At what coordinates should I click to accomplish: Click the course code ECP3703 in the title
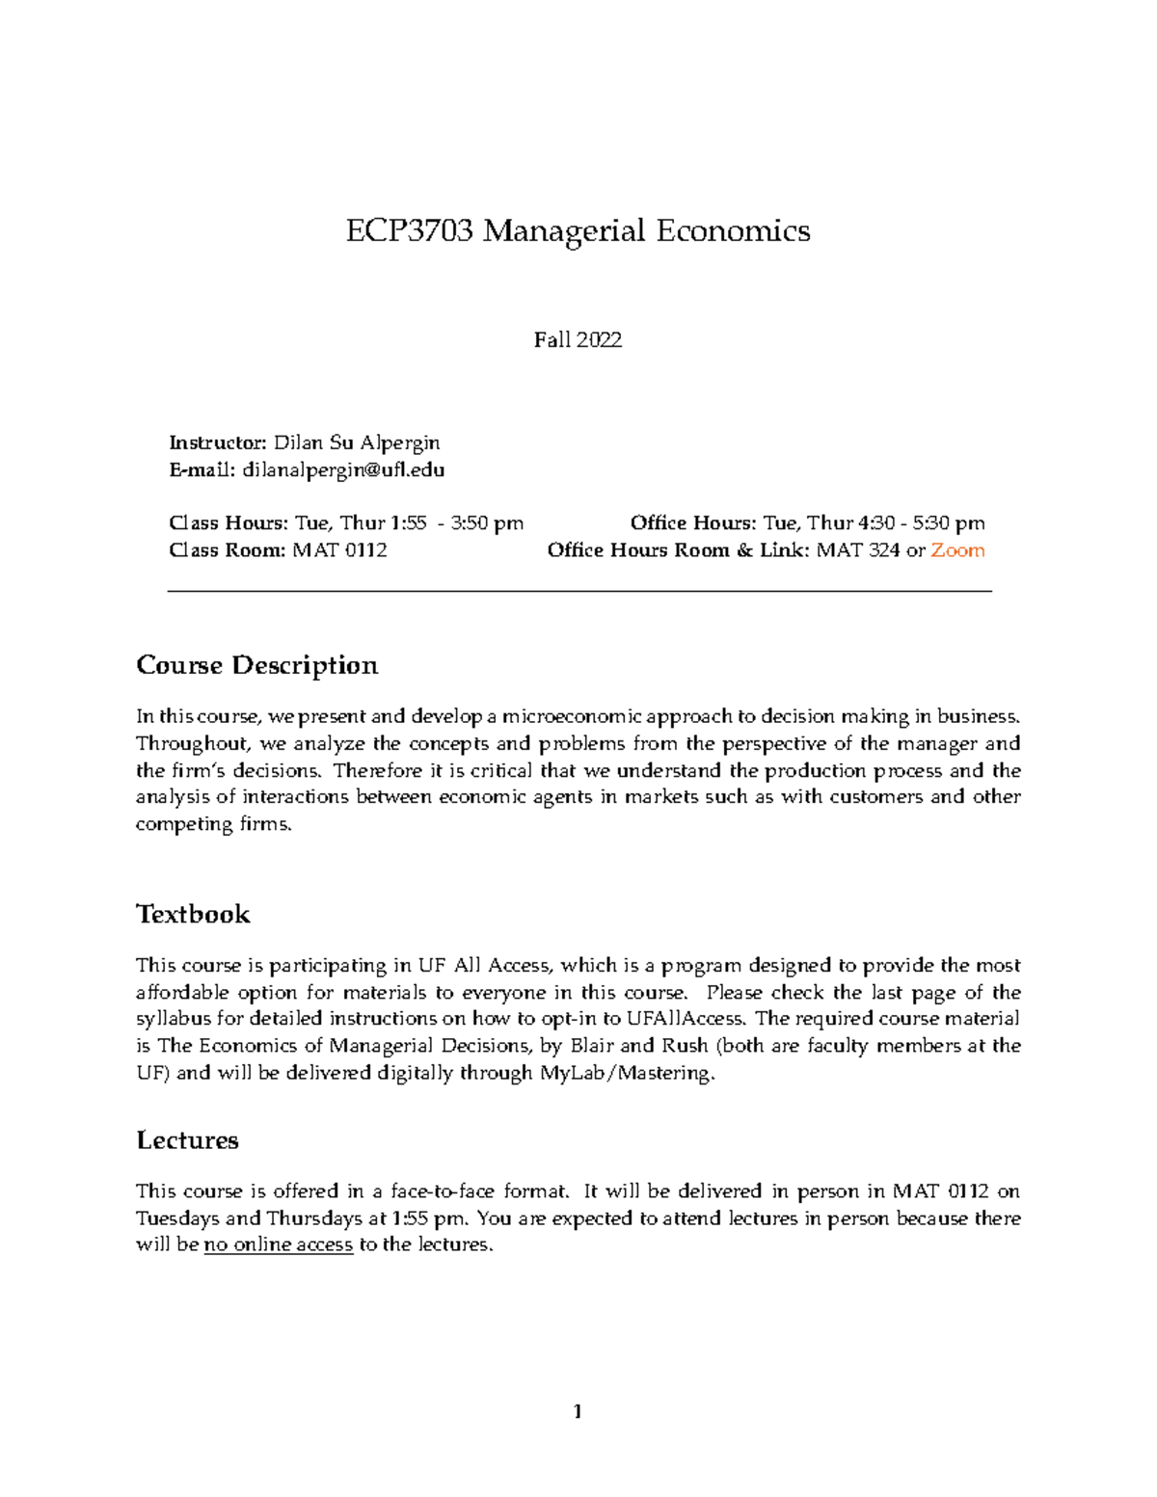point(410,231)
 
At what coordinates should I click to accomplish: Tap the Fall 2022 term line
point(578,339)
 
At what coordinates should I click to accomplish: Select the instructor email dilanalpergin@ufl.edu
point(343,470)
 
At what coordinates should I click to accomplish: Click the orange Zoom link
point(957,550)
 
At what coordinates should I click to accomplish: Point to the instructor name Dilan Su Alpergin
point(357,443)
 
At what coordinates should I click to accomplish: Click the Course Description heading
point(256,665)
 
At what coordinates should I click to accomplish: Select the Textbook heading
point(193,914)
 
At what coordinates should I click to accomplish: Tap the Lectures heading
point(187,1140)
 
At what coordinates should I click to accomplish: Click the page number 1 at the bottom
point(578,1412)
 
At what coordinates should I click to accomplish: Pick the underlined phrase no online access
point(278,1244)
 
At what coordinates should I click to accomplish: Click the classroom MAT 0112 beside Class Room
point(339,550)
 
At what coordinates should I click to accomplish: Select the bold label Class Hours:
point(229,523)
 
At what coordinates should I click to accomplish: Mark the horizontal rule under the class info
point(578,591)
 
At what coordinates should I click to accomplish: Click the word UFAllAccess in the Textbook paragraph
point(686,1019)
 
